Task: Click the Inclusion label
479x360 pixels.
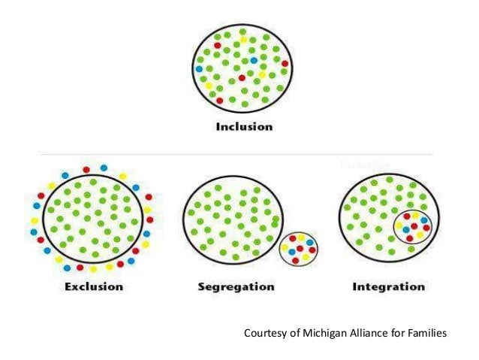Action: pos(244,126)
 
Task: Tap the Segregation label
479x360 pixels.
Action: pos(236,286)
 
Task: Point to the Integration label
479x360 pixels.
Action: pos(387,286)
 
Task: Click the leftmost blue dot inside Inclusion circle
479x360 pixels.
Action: pos(199,68)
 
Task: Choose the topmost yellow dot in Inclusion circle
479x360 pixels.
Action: pos(244,39)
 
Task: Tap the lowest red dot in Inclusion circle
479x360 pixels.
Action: pos(219,100)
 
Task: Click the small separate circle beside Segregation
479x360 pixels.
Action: pos(299,247)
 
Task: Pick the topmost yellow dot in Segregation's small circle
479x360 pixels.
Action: pos(300,237)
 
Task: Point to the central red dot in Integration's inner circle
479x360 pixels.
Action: pos(414,226)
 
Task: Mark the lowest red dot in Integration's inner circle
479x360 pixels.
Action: pos(410,238)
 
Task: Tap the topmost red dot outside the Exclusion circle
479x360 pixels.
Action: pos(86,169)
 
